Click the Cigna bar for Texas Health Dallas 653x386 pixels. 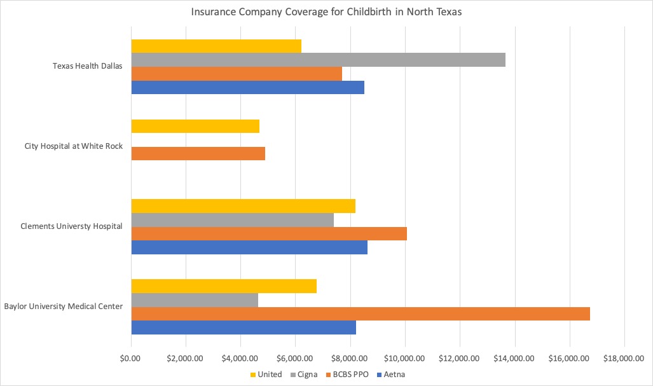coord(318,60)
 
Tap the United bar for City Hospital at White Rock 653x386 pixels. coord(195,126)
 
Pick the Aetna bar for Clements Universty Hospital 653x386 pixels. coord(249,247)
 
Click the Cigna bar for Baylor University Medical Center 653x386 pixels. coord(195,300)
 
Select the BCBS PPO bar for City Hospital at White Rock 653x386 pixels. coord(198,153)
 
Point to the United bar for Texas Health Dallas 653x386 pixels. coord(216,46)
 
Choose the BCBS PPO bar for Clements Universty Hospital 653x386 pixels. coord(269,234)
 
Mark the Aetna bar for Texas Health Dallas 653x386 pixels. coord(247,87)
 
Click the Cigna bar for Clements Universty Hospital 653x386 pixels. coord(232,220)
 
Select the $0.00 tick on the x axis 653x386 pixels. coord(131,359)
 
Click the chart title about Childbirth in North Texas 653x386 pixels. coord(326,13)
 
